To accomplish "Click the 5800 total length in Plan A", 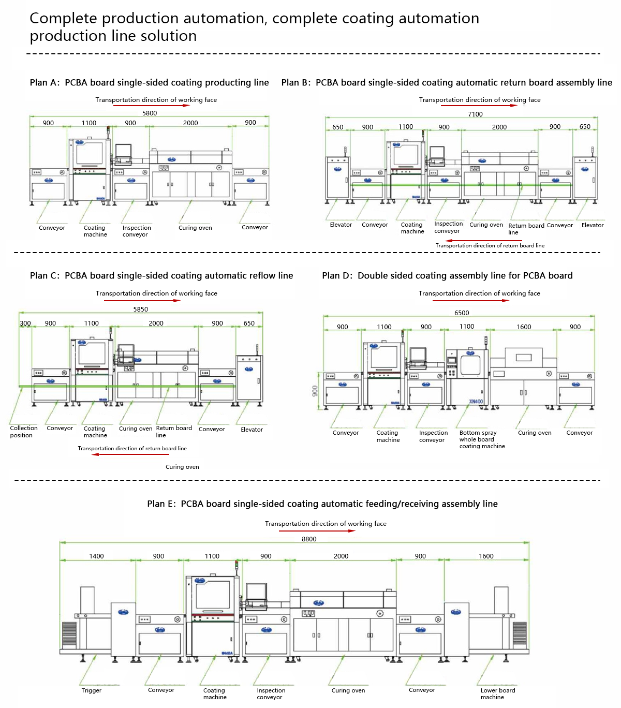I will click(150, 113).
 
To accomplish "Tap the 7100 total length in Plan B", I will click(475, 114).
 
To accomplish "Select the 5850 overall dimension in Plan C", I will click(141, 309).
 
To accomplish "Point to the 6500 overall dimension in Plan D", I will click(462, 313).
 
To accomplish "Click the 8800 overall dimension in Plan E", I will click(309, 539).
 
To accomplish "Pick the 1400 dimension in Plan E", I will click(96, 556).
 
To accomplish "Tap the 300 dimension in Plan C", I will click(25, 323).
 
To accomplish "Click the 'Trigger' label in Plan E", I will click(91, 690).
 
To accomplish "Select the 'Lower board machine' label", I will click(497, 694).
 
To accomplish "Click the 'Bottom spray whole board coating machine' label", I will click(481, 439).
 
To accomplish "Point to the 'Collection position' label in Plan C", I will click(23, 432).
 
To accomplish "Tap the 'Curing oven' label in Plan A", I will click(195, 228).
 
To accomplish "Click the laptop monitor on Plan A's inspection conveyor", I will click(123, 152).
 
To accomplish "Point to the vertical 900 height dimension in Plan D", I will click(315, 391).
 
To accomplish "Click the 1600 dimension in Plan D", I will click(524, 327).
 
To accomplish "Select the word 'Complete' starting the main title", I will click(63, 18).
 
